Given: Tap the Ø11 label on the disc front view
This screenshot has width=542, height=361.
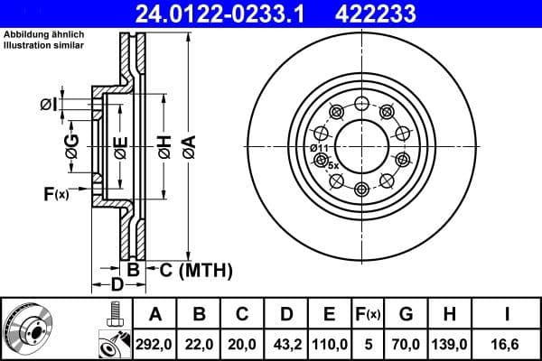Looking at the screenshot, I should [319, 148].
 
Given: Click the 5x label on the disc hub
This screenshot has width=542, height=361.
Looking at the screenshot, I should [332, 165].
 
